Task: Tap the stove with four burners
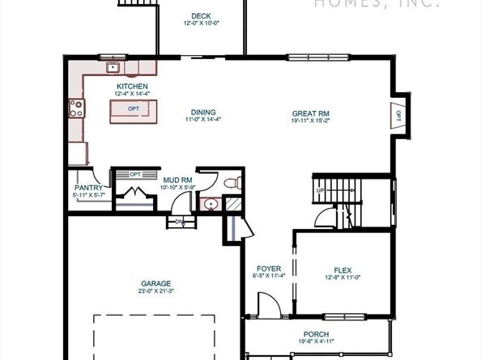[x=76, y=107]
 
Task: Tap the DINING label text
[x=203, y=112]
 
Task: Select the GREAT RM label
[x=311, y=112]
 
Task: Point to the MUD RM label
[x=176, y=180]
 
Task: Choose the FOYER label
[x=268, y=269]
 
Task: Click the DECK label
[x=201, y=15]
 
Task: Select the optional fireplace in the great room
[x=398, y=115]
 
